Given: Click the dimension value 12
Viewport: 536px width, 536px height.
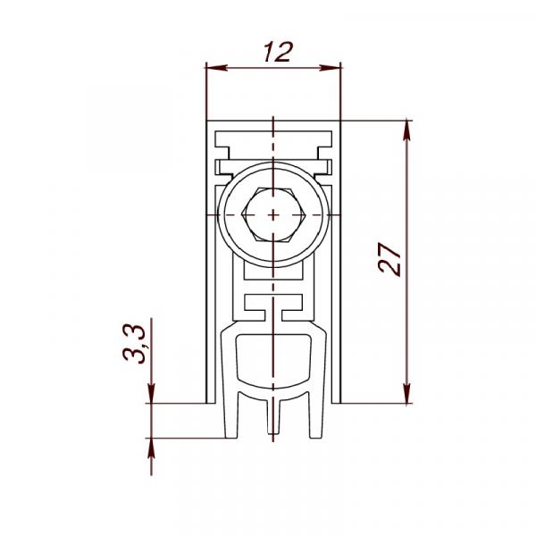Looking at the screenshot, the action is pos(279,52).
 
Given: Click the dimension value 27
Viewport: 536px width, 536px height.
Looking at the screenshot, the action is pos(389,259).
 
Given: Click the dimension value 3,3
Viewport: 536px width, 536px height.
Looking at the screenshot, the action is pos(135,343).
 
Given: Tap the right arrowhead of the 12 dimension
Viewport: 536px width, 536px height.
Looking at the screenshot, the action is pos(331,68).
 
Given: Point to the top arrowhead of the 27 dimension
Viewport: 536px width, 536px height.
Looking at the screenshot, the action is pos(406,130).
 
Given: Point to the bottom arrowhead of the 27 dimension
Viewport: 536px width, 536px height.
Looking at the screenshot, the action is pos(406,393).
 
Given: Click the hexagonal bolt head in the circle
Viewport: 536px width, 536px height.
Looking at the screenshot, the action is pos(272,214).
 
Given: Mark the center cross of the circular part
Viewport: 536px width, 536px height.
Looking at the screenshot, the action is pos(272,215).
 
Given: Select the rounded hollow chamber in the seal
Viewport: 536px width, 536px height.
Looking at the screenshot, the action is pos(273,362).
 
